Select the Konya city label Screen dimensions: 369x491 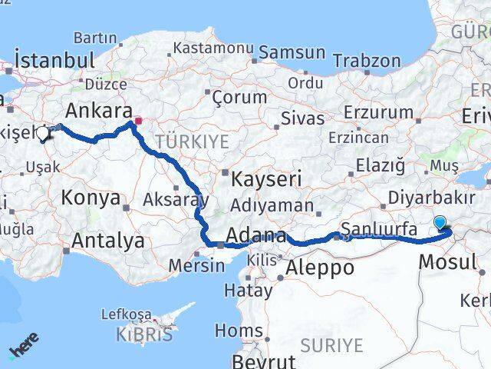click(91, 198)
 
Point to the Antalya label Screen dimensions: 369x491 click(107, 241)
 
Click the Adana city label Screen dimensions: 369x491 click(256, 236)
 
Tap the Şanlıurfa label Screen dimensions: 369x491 click(379, 228)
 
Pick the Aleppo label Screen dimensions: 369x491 click(320, 268)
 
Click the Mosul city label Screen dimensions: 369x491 click(447, 261)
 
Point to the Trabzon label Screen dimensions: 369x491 click(367, 61)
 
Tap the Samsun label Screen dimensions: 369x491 click(292, 52)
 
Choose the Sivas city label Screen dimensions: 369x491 click(297, 118)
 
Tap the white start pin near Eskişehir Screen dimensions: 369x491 click(42, 133)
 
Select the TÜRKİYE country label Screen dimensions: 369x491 click(192, 141)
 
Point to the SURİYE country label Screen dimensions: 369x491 click(331, 345)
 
